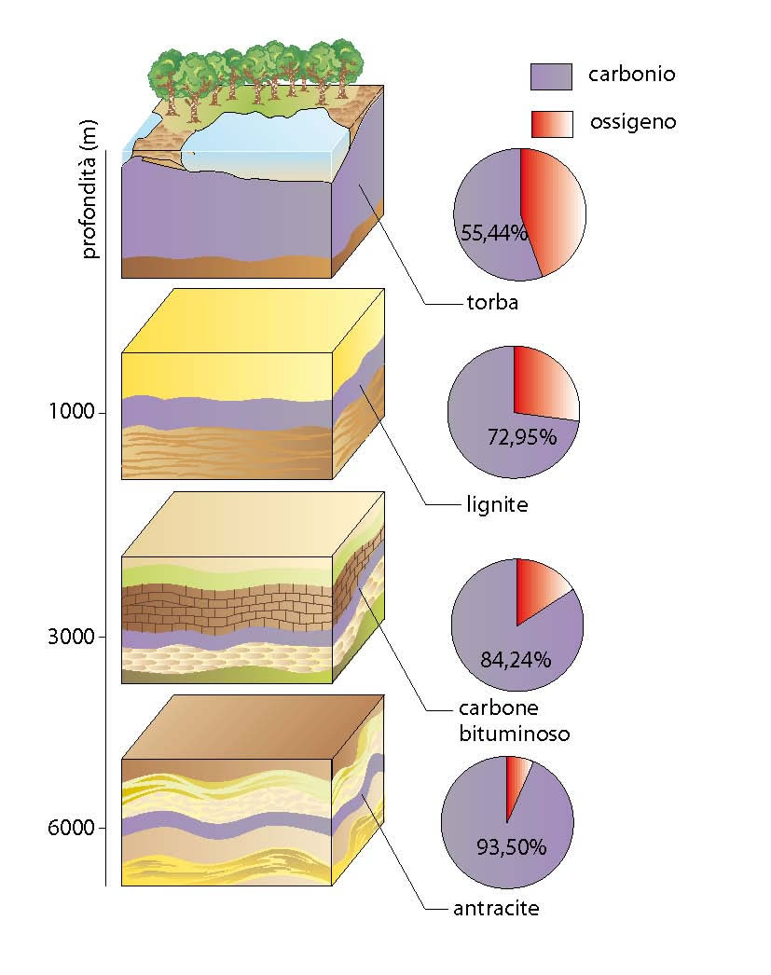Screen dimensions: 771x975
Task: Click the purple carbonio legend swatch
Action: (551, 76)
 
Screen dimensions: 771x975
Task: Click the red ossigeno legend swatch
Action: (552, 124)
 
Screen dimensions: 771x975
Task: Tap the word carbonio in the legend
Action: (632, 74)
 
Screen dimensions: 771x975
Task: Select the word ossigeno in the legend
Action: (633, 122)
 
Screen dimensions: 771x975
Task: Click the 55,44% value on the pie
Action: (494, 232)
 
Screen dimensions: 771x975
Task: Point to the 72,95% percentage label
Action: (522, 437)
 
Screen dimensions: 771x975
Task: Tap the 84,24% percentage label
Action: (516, 659)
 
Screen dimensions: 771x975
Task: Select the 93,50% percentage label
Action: (511, 846)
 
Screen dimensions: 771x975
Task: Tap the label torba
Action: (492, 302)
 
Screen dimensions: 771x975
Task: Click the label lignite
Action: (497, 504)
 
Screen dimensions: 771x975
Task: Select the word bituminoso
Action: (515, 734)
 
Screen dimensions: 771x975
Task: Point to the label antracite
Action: (496, 909)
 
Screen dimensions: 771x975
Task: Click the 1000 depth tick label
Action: (72, 411)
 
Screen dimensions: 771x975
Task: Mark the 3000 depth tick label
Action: (72, 637)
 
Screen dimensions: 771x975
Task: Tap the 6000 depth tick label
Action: (72, 828)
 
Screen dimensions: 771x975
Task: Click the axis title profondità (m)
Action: (89, 189)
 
